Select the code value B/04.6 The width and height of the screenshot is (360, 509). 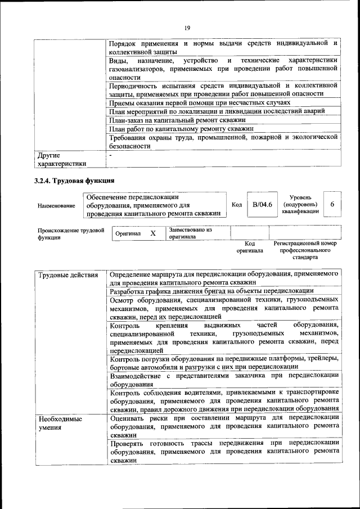(x=262, y=205)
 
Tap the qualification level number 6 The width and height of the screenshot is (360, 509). (x=332, y=205)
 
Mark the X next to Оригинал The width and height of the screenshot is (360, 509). (x=152, y=233)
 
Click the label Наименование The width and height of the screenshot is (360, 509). (x=56, y=206)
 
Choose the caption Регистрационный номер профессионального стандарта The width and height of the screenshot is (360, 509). (x=305, y=250)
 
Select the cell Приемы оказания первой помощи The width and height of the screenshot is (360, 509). (x=200, y=103)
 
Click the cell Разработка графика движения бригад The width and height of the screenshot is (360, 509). (x=211, y=291)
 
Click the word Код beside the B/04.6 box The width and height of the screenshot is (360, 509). (x=237, y=205)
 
